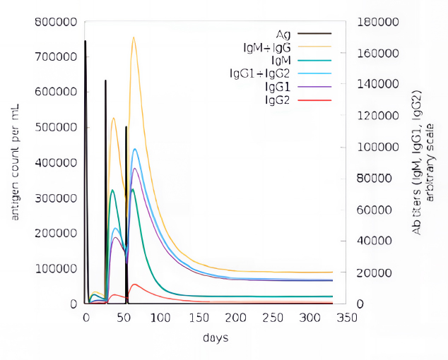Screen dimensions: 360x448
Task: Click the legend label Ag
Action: (283, 33)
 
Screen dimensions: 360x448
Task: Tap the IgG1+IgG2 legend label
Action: (259, 73)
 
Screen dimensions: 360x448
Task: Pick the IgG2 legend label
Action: (278, 100)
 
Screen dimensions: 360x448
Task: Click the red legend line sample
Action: (314, 100)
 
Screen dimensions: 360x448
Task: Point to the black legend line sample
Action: (314, 33)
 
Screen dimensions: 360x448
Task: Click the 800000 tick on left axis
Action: (55, 22)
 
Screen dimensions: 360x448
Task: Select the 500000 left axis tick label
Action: (55, 128)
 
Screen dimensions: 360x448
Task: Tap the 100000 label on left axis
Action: (55, 269)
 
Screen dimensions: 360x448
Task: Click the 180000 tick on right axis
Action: (377, 22)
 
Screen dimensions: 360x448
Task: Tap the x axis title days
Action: (215, 338)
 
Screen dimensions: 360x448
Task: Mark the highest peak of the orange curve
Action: (134, 37)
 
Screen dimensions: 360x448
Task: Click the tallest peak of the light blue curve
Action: (135, 149)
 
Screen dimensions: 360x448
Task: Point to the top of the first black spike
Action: (86, 41)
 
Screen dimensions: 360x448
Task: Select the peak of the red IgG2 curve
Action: (134, 284)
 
